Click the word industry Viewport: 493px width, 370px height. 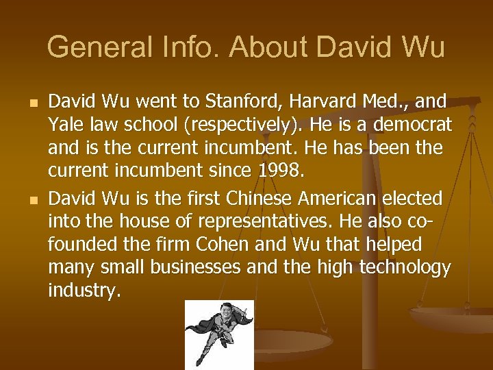[x=84, y=291]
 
